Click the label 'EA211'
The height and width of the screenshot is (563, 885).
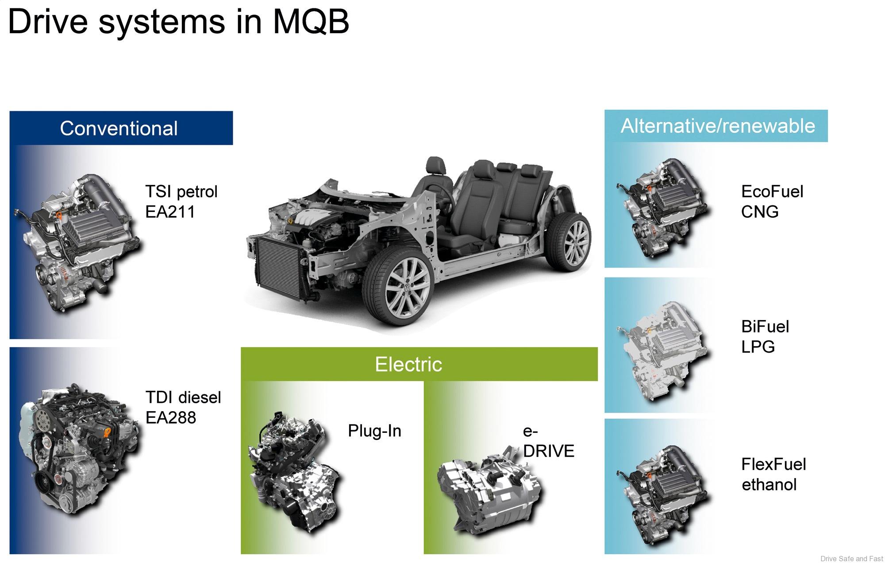point(170,212)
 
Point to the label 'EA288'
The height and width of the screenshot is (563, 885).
point(171,417)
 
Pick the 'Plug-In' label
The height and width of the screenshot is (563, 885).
point(374,431)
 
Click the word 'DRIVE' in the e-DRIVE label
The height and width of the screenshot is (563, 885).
point(549,451)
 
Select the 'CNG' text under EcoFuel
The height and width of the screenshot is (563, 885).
point(760,212)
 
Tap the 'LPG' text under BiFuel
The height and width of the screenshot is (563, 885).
point(758,347)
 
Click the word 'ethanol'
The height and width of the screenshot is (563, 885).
point(769,485)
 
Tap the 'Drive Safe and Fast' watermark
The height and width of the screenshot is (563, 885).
point(851,559)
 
